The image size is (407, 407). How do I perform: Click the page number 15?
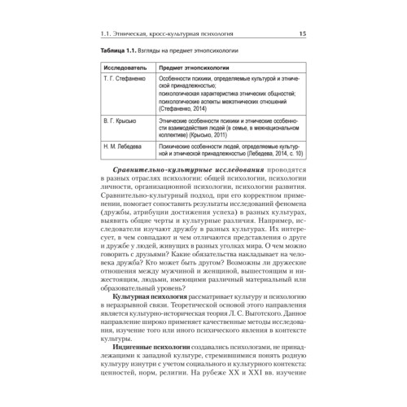tap(302, 33)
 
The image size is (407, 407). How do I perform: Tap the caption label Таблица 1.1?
tap(120, 50)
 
